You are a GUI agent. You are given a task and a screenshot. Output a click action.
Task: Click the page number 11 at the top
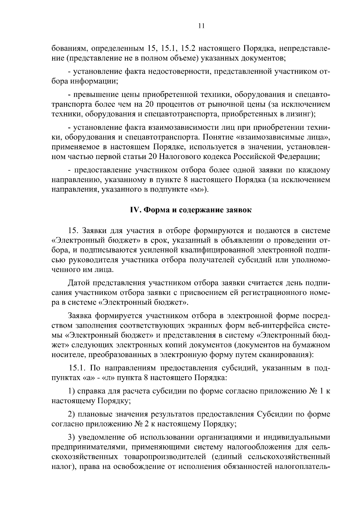[201, 26]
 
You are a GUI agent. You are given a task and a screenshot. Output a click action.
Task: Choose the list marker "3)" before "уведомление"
[71, 438]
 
